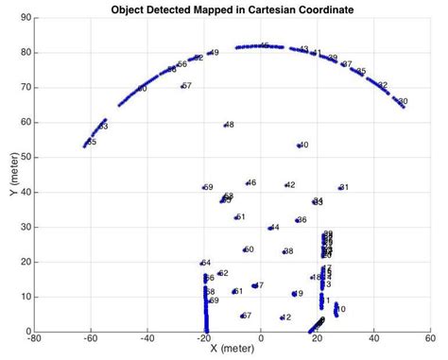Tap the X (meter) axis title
pos(233,349)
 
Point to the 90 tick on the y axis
pos(26,17)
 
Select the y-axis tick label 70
pos(26,87)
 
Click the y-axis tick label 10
pos(26,297)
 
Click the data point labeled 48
pos(225,125)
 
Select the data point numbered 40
pos(299,146)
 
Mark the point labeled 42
pos(285,185)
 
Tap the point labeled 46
pos(247,183)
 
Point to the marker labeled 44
pos(269,228)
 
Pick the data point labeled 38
pos(284,251)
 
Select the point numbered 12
pos(282,317)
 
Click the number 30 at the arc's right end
pos(403,101)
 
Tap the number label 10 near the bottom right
pos(341,309)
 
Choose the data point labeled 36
pos(297,220)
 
